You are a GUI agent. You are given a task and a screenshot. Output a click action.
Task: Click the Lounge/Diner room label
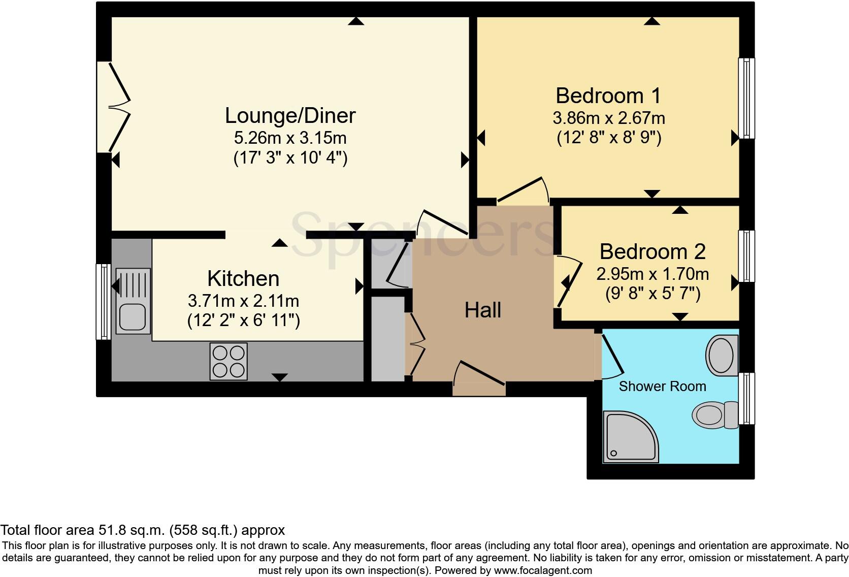(x=290, y=116)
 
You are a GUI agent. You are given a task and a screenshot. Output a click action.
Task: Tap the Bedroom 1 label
(x=608, y=95)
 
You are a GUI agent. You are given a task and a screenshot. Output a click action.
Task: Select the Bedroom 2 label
(x=652, y=252)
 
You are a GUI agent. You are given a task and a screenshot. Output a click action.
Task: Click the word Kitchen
(x=243, y=279)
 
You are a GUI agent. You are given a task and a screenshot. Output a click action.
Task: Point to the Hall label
(x=483, y=310)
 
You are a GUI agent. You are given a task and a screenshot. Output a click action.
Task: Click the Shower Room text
(x=663, y=387)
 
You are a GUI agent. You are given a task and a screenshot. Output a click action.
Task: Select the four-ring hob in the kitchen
(x=228, y=362)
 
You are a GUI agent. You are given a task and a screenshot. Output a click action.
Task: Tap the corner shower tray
(x=631, y=437)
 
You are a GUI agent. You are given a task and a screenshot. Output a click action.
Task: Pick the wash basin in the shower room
(x=722, y=355)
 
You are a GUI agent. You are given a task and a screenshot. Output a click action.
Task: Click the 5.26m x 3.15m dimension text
(x=290, y=138)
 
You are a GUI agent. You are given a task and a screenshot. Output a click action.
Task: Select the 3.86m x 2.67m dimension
(x=609, y=118)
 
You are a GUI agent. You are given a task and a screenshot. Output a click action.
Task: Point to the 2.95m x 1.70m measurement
(x=652, y=274)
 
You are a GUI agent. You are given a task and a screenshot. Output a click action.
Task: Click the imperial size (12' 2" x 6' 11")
(x=243, y=320)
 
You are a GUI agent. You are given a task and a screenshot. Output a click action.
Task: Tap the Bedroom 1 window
(x=746, y=98)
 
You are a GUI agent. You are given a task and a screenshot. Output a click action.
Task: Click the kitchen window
(x=103, y=302)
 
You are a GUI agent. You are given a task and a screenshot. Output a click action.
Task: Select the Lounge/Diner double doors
(x=114, y=107)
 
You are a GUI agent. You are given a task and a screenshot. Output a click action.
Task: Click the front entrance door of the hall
(x=479, y=378)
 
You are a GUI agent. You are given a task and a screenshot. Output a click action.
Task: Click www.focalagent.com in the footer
(x=543, y=570)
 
